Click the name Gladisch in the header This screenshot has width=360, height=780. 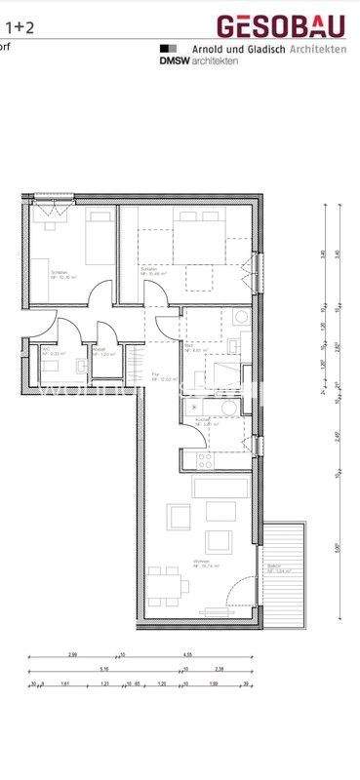coord(260,47)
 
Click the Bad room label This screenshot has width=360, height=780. coord(189,344)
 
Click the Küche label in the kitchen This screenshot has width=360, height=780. coord(201,421)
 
